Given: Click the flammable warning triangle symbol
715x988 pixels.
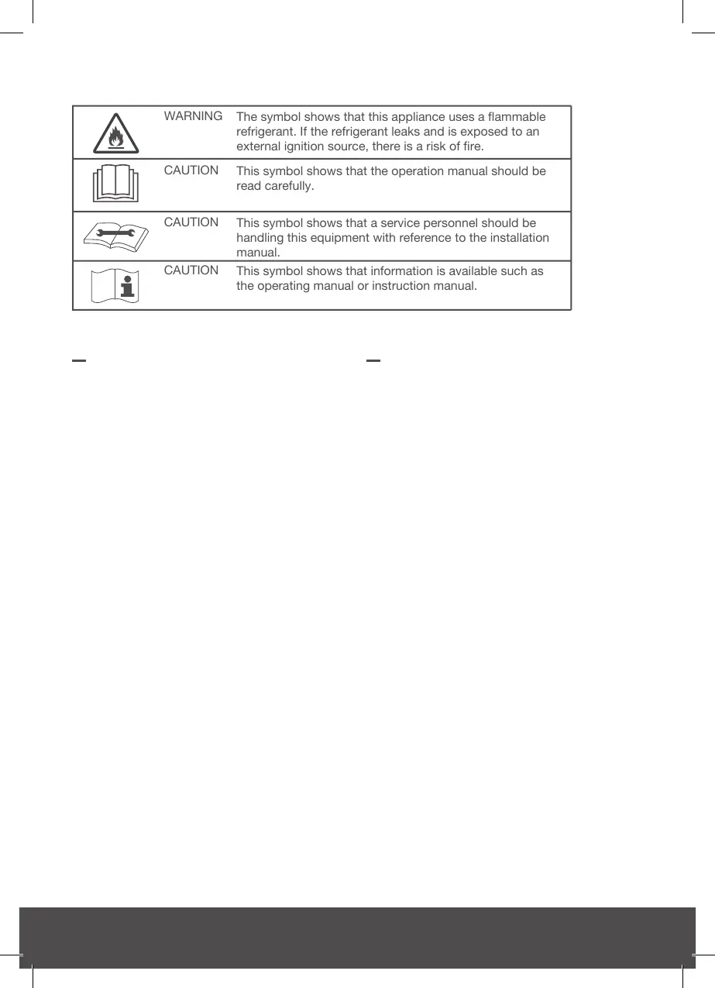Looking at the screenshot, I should [x=116, y=133].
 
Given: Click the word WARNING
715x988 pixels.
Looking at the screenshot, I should [x=193, y=116].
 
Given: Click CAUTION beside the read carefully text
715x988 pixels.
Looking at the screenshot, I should [x=191, y=170].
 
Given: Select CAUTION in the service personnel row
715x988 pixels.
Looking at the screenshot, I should [x=191, y=222].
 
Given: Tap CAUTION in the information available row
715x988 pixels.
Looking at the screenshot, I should [x=191, y=270].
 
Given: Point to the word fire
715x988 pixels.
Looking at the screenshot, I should [x=473, y=146].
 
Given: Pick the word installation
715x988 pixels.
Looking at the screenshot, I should [x=515, y=238].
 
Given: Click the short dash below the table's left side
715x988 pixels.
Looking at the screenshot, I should [x=78, y=360].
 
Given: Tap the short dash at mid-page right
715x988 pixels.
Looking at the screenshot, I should [x=373, y=360].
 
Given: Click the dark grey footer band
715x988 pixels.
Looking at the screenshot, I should [x=357, y=938].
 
